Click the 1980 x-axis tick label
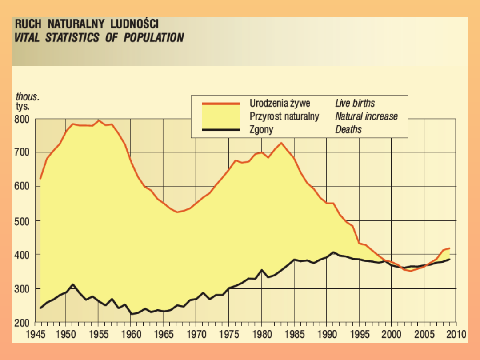tap(261, 333)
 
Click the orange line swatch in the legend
tap(220, 104)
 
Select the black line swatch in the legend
tap(220, 130)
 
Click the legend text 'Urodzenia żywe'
tap(280, 104)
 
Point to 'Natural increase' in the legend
tap(366, 116)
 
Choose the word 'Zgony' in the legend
tap(261, 130)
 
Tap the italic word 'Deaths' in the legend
tap(348, 130)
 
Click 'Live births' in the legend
tap(355, 104)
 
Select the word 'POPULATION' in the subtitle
tap(154, 37)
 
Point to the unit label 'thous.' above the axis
tap(28, 97)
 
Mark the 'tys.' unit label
tap(23, 107)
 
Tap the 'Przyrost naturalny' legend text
tap(284, 116)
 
